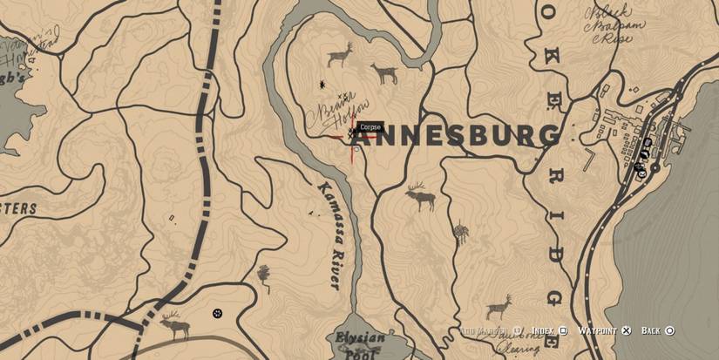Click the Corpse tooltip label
coord(370,127)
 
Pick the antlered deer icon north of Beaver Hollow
coord(340,56)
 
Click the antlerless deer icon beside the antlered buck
coord(383,73)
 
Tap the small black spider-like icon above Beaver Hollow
coord(323,84)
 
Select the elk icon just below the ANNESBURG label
coord(420,197)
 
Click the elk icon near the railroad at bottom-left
coord(175,325)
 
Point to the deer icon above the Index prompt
coord(499,306)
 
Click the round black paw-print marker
coord(217,313)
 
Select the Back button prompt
coord(657,331)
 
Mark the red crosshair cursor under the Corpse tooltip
coord(353,137)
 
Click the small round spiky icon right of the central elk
coord(460,232)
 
